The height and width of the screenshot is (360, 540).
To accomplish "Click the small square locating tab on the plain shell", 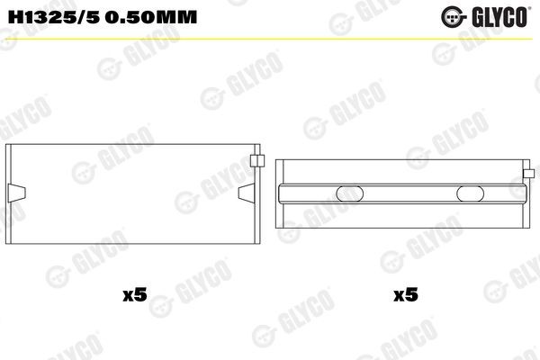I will pyautogui.click(x=256, y=162).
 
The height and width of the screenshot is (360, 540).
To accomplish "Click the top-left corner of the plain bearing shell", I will pyautogui.click(x=8, y=145).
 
